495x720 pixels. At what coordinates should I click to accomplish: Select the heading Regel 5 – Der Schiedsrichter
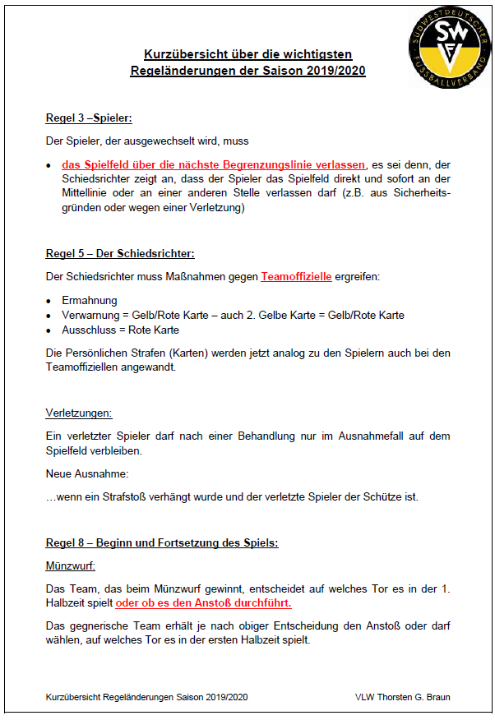click(x=120, y=254)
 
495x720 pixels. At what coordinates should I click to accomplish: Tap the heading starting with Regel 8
click(x=162, y=543)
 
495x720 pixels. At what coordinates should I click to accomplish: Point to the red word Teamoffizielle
click(x=296, y=277)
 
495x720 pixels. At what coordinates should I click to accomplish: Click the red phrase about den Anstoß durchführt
click(x=204, y=602)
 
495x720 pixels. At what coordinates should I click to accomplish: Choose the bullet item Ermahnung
click(x=90, y=301)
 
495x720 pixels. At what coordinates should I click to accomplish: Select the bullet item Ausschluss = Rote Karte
click(x=120, y=330)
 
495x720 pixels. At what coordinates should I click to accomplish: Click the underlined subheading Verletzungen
click(x=79, y=413)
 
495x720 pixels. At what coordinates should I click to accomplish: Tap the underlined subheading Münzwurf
click(x=71, y=565)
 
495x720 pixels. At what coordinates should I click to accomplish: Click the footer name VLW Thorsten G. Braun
click(x=402, y=697)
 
